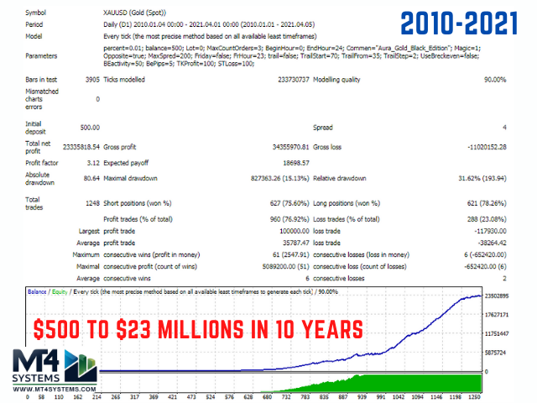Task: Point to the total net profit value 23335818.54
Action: tap(79, 148)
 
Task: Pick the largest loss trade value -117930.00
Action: tap(486, 231)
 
